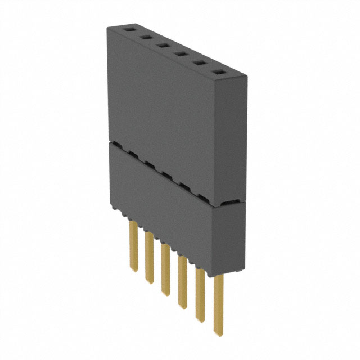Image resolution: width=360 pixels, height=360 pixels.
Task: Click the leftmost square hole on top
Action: click(128, 28)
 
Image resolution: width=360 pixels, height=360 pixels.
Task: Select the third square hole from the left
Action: click(163, 46)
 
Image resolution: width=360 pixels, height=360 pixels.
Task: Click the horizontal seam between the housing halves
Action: click(169, 172)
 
